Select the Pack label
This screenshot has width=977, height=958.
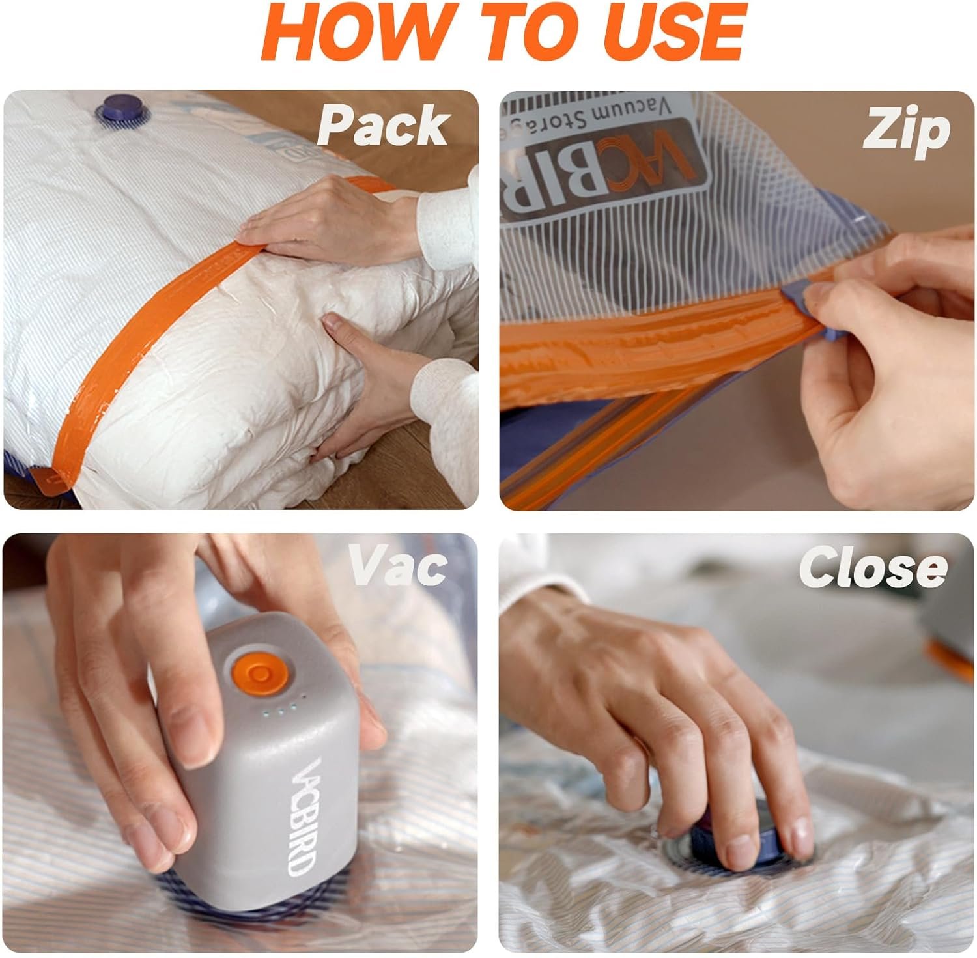[383, 125]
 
